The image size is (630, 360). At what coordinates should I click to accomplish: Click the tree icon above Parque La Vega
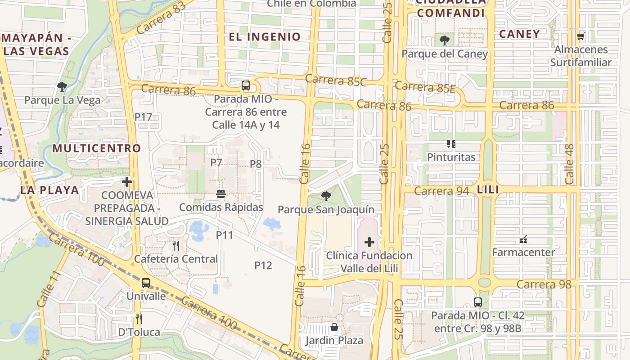(x=62, y=86)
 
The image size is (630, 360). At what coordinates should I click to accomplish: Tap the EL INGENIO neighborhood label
(x=265, y=37)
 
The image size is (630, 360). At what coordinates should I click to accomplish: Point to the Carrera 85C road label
(x=336, y=81)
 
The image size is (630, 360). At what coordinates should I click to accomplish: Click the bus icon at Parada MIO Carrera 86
(x=245, y=85)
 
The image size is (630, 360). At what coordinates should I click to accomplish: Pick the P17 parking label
(x=143, y=117)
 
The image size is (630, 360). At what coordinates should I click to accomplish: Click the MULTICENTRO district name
(x=97, y=148)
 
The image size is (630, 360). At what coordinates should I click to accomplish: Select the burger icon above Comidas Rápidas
(x=220, y=194)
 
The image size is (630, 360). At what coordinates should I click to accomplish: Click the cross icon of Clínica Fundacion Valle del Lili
(x=369, y=243)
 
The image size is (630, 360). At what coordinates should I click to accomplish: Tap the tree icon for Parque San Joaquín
(x=326, y=196)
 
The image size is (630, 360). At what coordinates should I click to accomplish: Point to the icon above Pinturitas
(x=451, y=144)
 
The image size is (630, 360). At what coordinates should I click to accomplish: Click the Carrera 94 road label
(x=441, y=191)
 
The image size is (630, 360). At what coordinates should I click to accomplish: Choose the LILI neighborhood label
(x=488, y=190)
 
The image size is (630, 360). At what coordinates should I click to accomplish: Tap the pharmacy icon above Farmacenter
(x=523, y=239)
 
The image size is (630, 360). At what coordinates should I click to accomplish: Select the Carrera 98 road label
(x=544, y=284)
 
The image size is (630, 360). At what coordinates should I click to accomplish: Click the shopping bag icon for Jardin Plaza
(x=334, y=327)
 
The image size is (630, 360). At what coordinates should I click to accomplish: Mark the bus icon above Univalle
(x=145, y=283)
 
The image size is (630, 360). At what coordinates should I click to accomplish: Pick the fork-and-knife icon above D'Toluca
(x=139, y=319)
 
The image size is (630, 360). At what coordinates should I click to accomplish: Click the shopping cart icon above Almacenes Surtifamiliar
(x=580, y=36)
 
